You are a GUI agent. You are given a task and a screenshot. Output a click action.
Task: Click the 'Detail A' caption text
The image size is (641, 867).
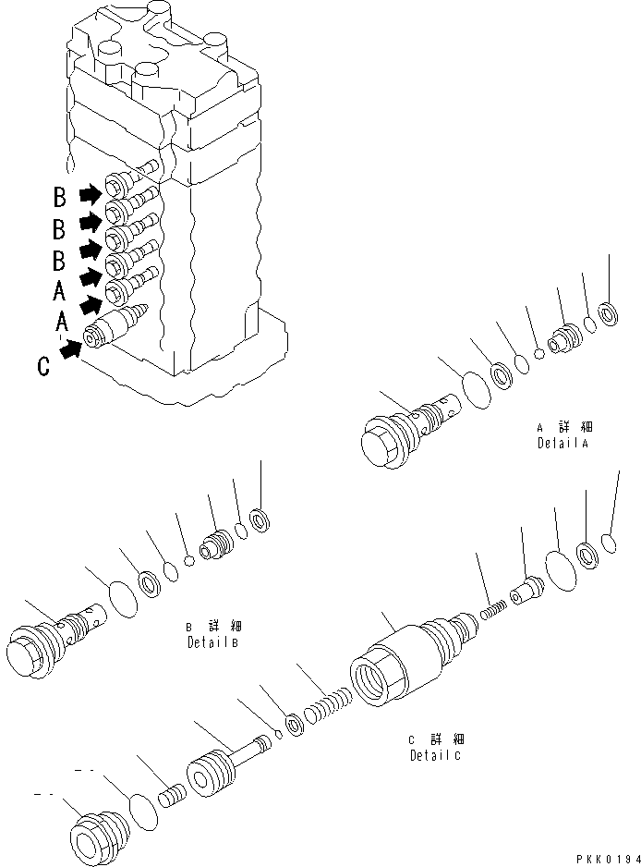click(562, 435)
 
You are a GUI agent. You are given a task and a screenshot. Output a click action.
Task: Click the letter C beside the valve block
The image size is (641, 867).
click(43, 367)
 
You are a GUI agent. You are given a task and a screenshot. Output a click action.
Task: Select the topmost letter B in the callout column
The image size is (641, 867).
click(59, 196)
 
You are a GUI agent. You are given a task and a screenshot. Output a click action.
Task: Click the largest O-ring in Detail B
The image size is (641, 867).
click(123, 598)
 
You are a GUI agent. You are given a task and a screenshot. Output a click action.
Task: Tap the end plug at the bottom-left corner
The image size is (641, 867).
click(99, 835)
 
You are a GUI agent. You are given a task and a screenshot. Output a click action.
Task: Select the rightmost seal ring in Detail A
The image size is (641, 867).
click(610, 313)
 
